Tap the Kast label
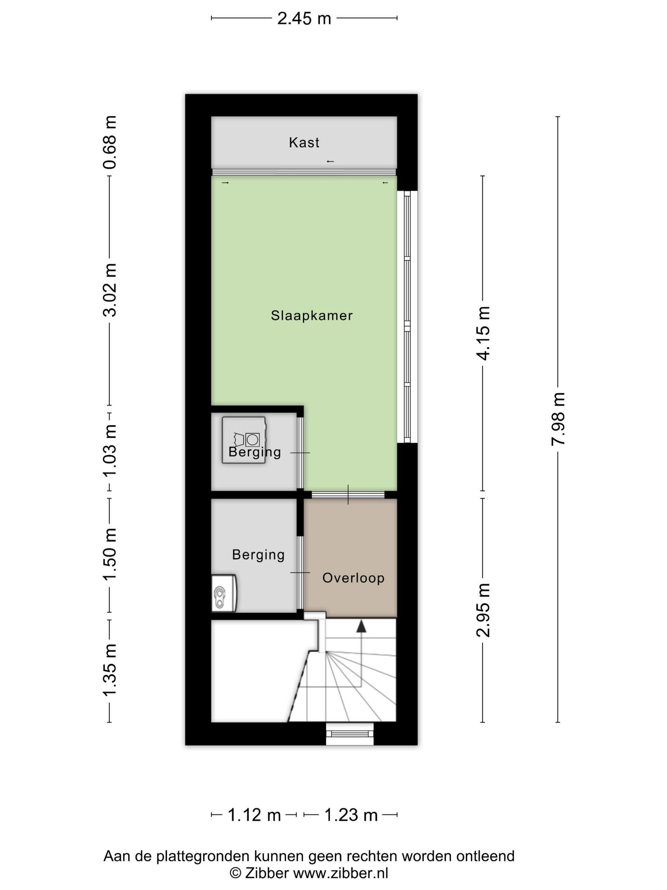click(304, 142)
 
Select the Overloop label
click(354, 578)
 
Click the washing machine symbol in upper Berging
click(245, 440)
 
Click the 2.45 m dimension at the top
click(304, 18)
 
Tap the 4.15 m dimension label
click(483, 333)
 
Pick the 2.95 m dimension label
click(483, 610)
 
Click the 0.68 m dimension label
click(109, 142)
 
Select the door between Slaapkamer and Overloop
click(348, 495)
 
